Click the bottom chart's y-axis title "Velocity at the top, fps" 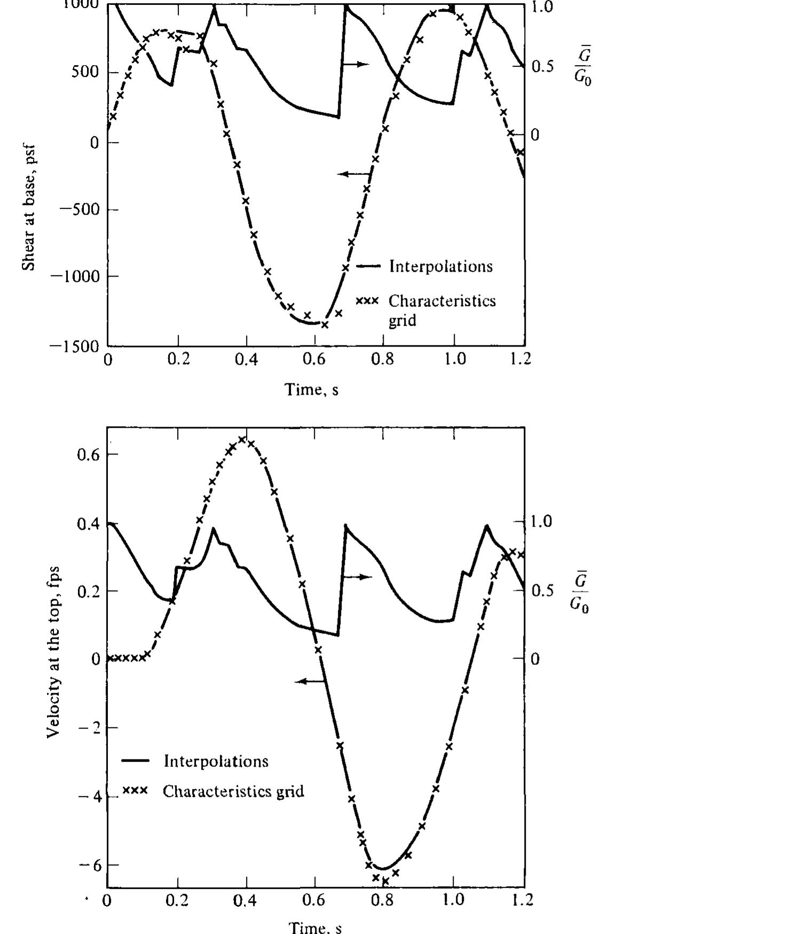[x=53, y=652]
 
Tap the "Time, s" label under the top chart [x=312, y=389]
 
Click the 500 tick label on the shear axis [x=85, y=72]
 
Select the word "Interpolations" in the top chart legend [x=441, y=266]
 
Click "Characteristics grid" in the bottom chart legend [x=233, y=791]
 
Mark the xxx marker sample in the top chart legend [x=367, y=301]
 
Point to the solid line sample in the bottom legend [x=136, y=761]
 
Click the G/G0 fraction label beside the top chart [x=582, y=66]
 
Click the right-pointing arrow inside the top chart [x=355, y=64]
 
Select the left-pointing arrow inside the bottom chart [x=310, y=681]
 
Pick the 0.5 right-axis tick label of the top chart [x=543, y=67]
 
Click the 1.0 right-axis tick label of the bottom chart [x=542, y=521]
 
